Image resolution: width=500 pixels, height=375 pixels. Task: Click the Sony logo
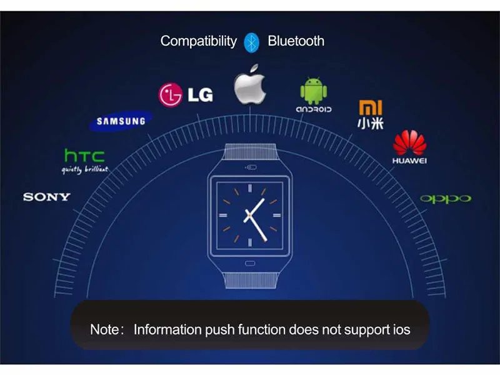coord(47,197)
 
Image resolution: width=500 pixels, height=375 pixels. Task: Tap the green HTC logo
coord(84,156)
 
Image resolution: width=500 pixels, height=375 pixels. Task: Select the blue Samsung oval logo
coord(121,121)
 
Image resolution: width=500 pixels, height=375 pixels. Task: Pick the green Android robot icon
coord(313,91)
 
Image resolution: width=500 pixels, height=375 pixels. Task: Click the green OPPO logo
coord(446,199)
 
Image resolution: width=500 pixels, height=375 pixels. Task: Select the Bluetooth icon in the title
coord(252,41)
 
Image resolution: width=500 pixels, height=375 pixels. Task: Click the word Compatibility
coord(198,41)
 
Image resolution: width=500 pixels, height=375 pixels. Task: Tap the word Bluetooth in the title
coord(296,41)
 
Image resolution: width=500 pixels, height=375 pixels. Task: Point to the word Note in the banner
coord(104,329)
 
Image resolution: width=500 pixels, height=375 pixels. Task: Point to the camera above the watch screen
coord(251,167)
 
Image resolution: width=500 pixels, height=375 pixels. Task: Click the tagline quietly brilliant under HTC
coord(84,169)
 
